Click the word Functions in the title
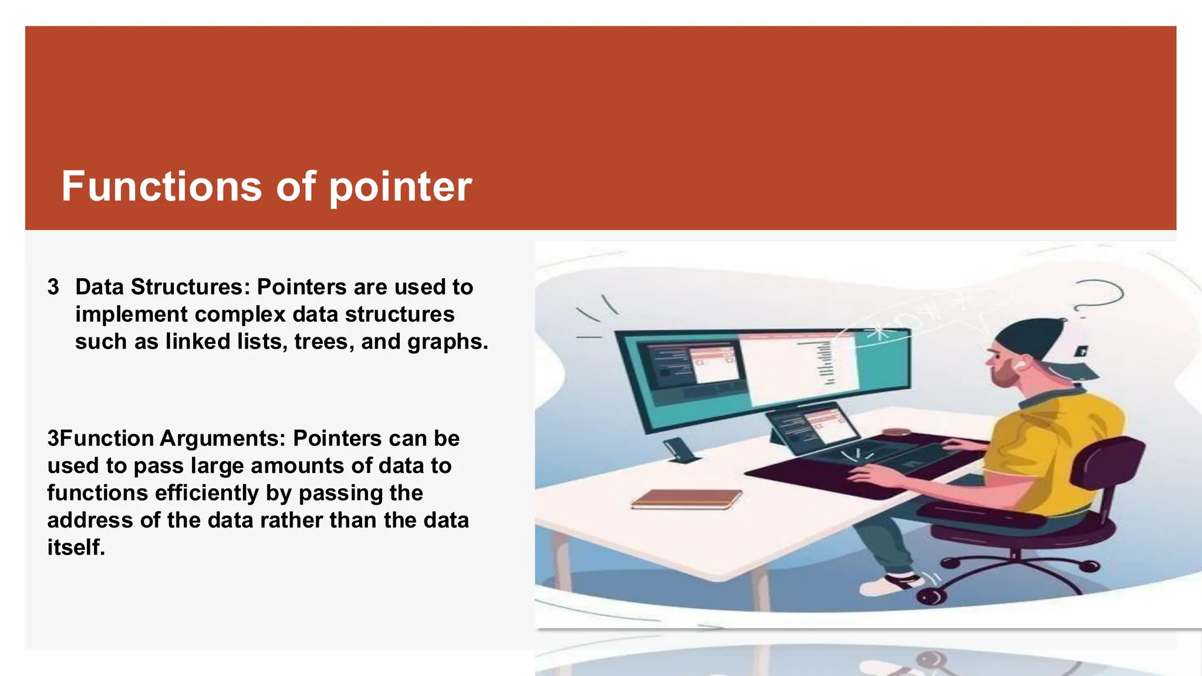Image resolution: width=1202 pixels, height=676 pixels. click(161, 187)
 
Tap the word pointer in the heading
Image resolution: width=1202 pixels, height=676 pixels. click(400, 188)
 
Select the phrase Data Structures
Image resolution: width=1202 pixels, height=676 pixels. click(158, 287)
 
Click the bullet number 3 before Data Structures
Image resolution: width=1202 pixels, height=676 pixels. click(53, 287)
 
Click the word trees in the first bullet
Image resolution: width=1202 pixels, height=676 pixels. click(321, 342)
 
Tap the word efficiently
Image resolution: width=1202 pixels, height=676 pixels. click(208, 493)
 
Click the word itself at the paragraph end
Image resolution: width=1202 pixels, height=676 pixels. click(76, 547)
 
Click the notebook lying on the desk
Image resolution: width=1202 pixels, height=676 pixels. click(686, 499)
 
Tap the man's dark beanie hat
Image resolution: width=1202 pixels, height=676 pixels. click(1033, 343)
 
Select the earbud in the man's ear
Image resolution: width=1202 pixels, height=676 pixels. click(1020, 364)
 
